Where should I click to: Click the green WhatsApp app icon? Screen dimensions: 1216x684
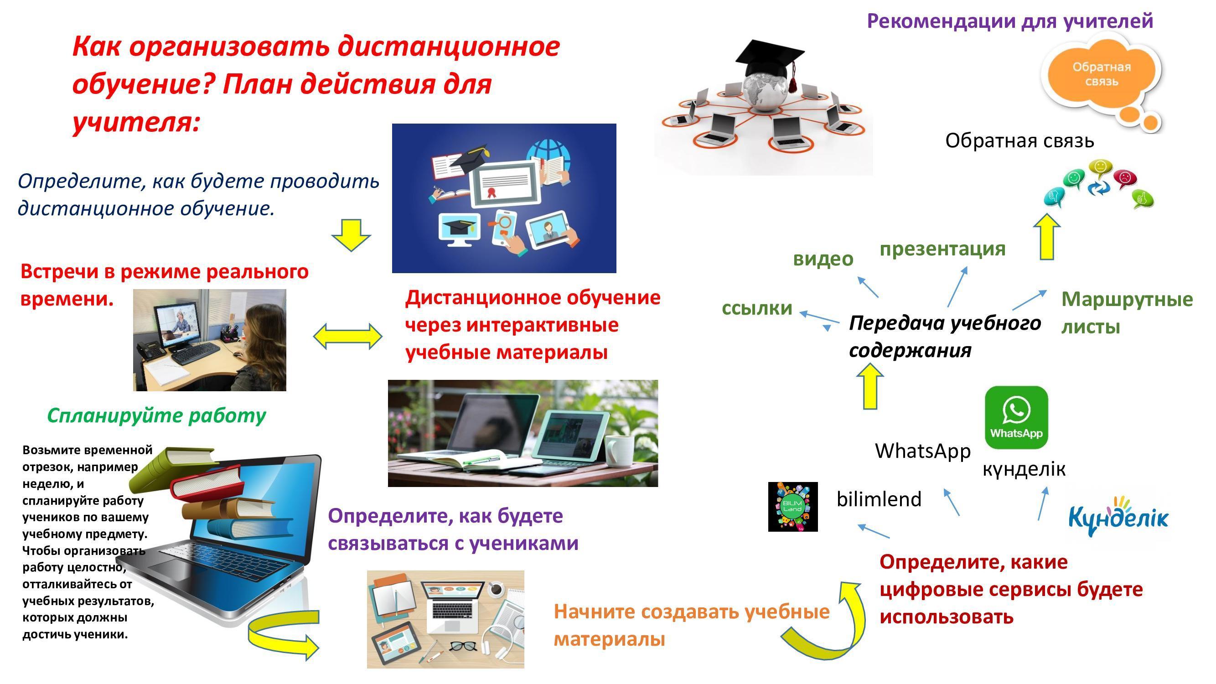coord(1016,417)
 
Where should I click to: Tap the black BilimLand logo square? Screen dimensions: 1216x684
coord(793,507)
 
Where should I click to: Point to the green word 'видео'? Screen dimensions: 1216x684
coord(823,259)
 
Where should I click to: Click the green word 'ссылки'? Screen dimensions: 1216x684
coord(757,308)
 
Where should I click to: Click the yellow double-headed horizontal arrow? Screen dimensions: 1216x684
coord(347,336)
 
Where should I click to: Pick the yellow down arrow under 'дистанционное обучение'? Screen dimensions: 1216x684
coord(351,234)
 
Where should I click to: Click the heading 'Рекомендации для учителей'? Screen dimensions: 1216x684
coord(1010,21)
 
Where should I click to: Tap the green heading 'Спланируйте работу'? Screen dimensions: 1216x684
coord(157,415)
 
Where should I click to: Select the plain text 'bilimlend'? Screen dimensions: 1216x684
coord(879,499)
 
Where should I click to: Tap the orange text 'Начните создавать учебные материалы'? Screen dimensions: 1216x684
coord(692,625)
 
